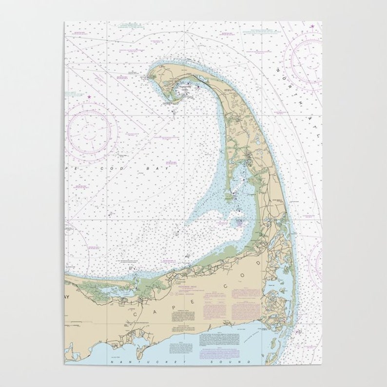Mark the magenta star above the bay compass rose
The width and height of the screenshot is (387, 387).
point(89,97)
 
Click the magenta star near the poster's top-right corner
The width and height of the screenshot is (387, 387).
point(312,24)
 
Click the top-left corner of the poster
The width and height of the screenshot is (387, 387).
point(64,21)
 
